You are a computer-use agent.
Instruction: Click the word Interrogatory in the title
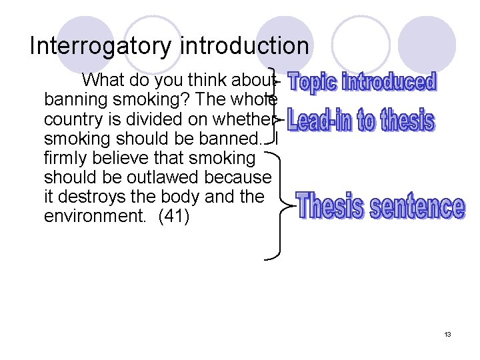click(101, 46)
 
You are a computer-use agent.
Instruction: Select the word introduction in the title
click(244, 46)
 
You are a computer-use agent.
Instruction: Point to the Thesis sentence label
click(381, 206)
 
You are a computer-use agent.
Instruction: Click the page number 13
click(447, 333)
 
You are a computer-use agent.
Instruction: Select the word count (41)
click(173, 217)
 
